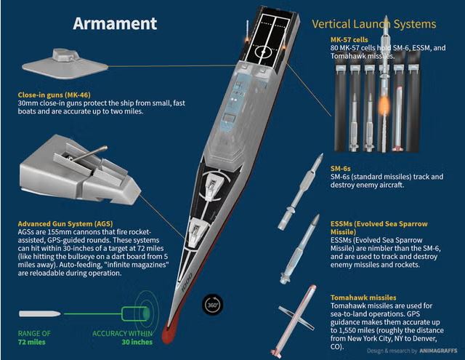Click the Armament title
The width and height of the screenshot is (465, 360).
[x=115, y=23]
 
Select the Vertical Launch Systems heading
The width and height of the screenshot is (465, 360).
[x=374, y=24]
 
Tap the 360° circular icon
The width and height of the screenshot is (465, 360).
[x=212, y=305]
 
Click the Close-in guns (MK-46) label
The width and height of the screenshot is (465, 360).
[x=54, y=95]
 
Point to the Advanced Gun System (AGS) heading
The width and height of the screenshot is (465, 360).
[x=65, y=223]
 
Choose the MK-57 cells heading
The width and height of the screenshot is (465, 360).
[x=349, y=39]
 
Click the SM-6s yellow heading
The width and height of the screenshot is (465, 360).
[x=341, y=168]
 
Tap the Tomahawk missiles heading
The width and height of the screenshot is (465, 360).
[x=363, y=297]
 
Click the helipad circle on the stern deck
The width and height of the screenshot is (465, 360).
[x=263, y=52]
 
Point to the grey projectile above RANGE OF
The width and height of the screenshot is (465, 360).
[x=40, y=313]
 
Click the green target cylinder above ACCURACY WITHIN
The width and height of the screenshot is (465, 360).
[x=136, y=313]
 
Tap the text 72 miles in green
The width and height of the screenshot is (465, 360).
[x=32, y=342]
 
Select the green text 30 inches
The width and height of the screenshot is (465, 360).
[x=137, y=342]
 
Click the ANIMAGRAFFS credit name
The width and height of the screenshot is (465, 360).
[x=438, y=351]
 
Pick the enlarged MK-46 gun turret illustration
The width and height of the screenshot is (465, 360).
[x=65, y=64]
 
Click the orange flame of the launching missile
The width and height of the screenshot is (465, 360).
[x=384, y=105]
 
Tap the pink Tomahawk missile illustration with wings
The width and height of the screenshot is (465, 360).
[x=294, y=321]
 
